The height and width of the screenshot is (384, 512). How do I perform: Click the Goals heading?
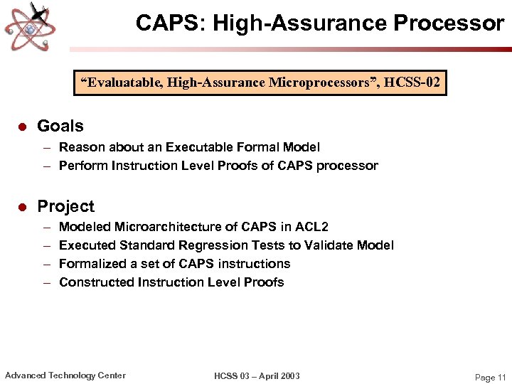(x=60, y=126)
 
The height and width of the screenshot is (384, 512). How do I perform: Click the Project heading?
(x=65, y=206)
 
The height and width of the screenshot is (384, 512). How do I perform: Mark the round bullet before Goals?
(x=22, y=127)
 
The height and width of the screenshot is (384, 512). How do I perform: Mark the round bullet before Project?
(x=22, y=207)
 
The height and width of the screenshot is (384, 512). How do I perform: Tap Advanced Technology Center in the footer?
(x=65, y=375)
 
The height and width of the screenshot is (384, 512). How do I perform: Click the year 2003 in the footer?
(x=288, y=376)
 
